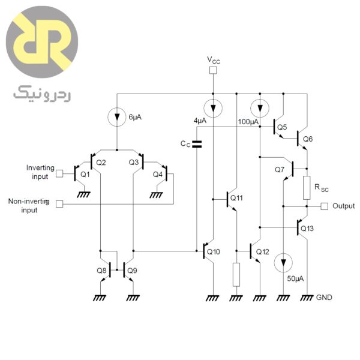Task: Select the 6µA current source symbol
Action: tap(117, 116)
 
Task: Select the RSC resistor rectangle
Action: tap(307, 188)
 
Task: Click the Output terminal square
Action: tap(324, 206)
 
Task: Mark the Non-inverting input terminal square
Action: tap(59, 204)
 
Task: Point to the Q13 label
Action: tap(307, 229)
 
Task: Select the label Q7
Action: tap(280, 170)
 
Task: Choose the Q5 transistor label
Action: tap(282, 128)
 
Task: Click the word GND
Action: tap(324, 298)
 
